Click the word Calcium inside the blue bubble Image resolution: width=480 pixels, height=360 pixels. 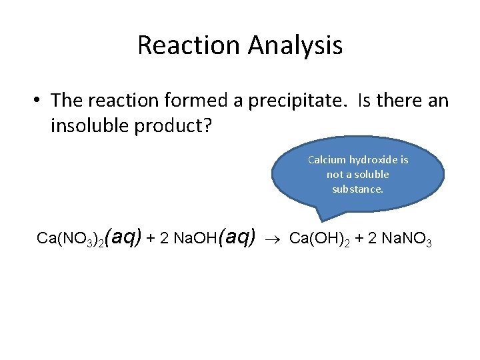coord(327,160)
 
